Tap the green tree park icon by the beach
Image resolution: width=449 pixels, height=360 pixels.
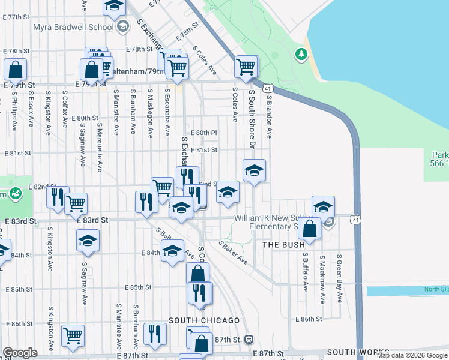(301, 55)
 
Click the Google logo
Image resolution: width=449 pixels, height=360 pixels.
(20, 353)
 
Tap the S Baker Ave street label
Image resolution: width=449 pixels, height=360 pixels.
(233, 253)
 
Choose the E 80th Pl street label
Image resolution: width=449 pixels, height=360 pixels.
(203, 133)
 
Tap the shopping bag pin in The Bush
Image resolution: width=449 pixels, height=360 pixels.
(310, 230)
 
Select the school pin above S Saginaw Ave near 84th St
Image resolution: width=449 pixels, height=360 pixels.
(88, 241)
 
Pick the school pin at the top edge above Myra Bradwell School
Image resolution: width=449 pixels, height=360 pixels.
(113, 7)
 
